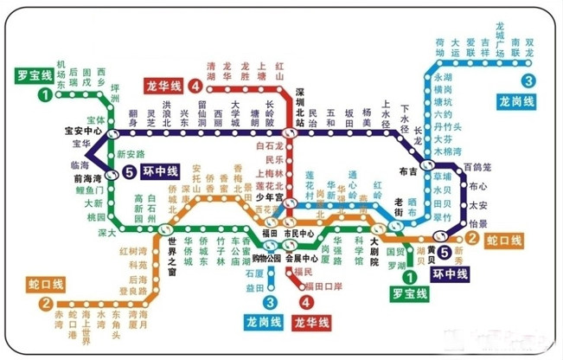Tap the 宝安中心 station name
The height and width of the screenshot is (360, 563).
pyautogui.click(x=84, y=132)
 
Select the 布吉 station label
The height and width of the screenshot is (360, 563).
pyautogui.click(x=409, y=171)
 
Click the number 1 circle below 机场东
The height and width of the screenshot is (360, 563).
pyautogui.click(x=42, y=94)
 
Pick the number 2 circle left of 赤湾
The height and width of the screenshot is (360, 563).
pyautogui.click(x=42, y=304)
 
